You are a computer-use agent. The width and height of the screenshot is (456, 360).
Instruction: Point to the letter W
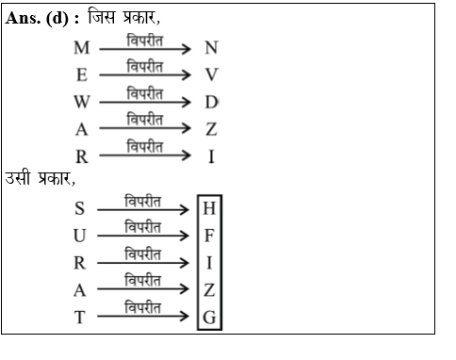tap(82, 102)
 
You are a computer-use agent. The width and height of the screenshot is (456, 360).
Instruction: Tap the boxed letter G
tap(209, 318)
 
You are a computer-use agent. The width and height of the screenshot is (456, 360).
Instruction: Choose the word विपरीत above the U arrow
tap(141, 227)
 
